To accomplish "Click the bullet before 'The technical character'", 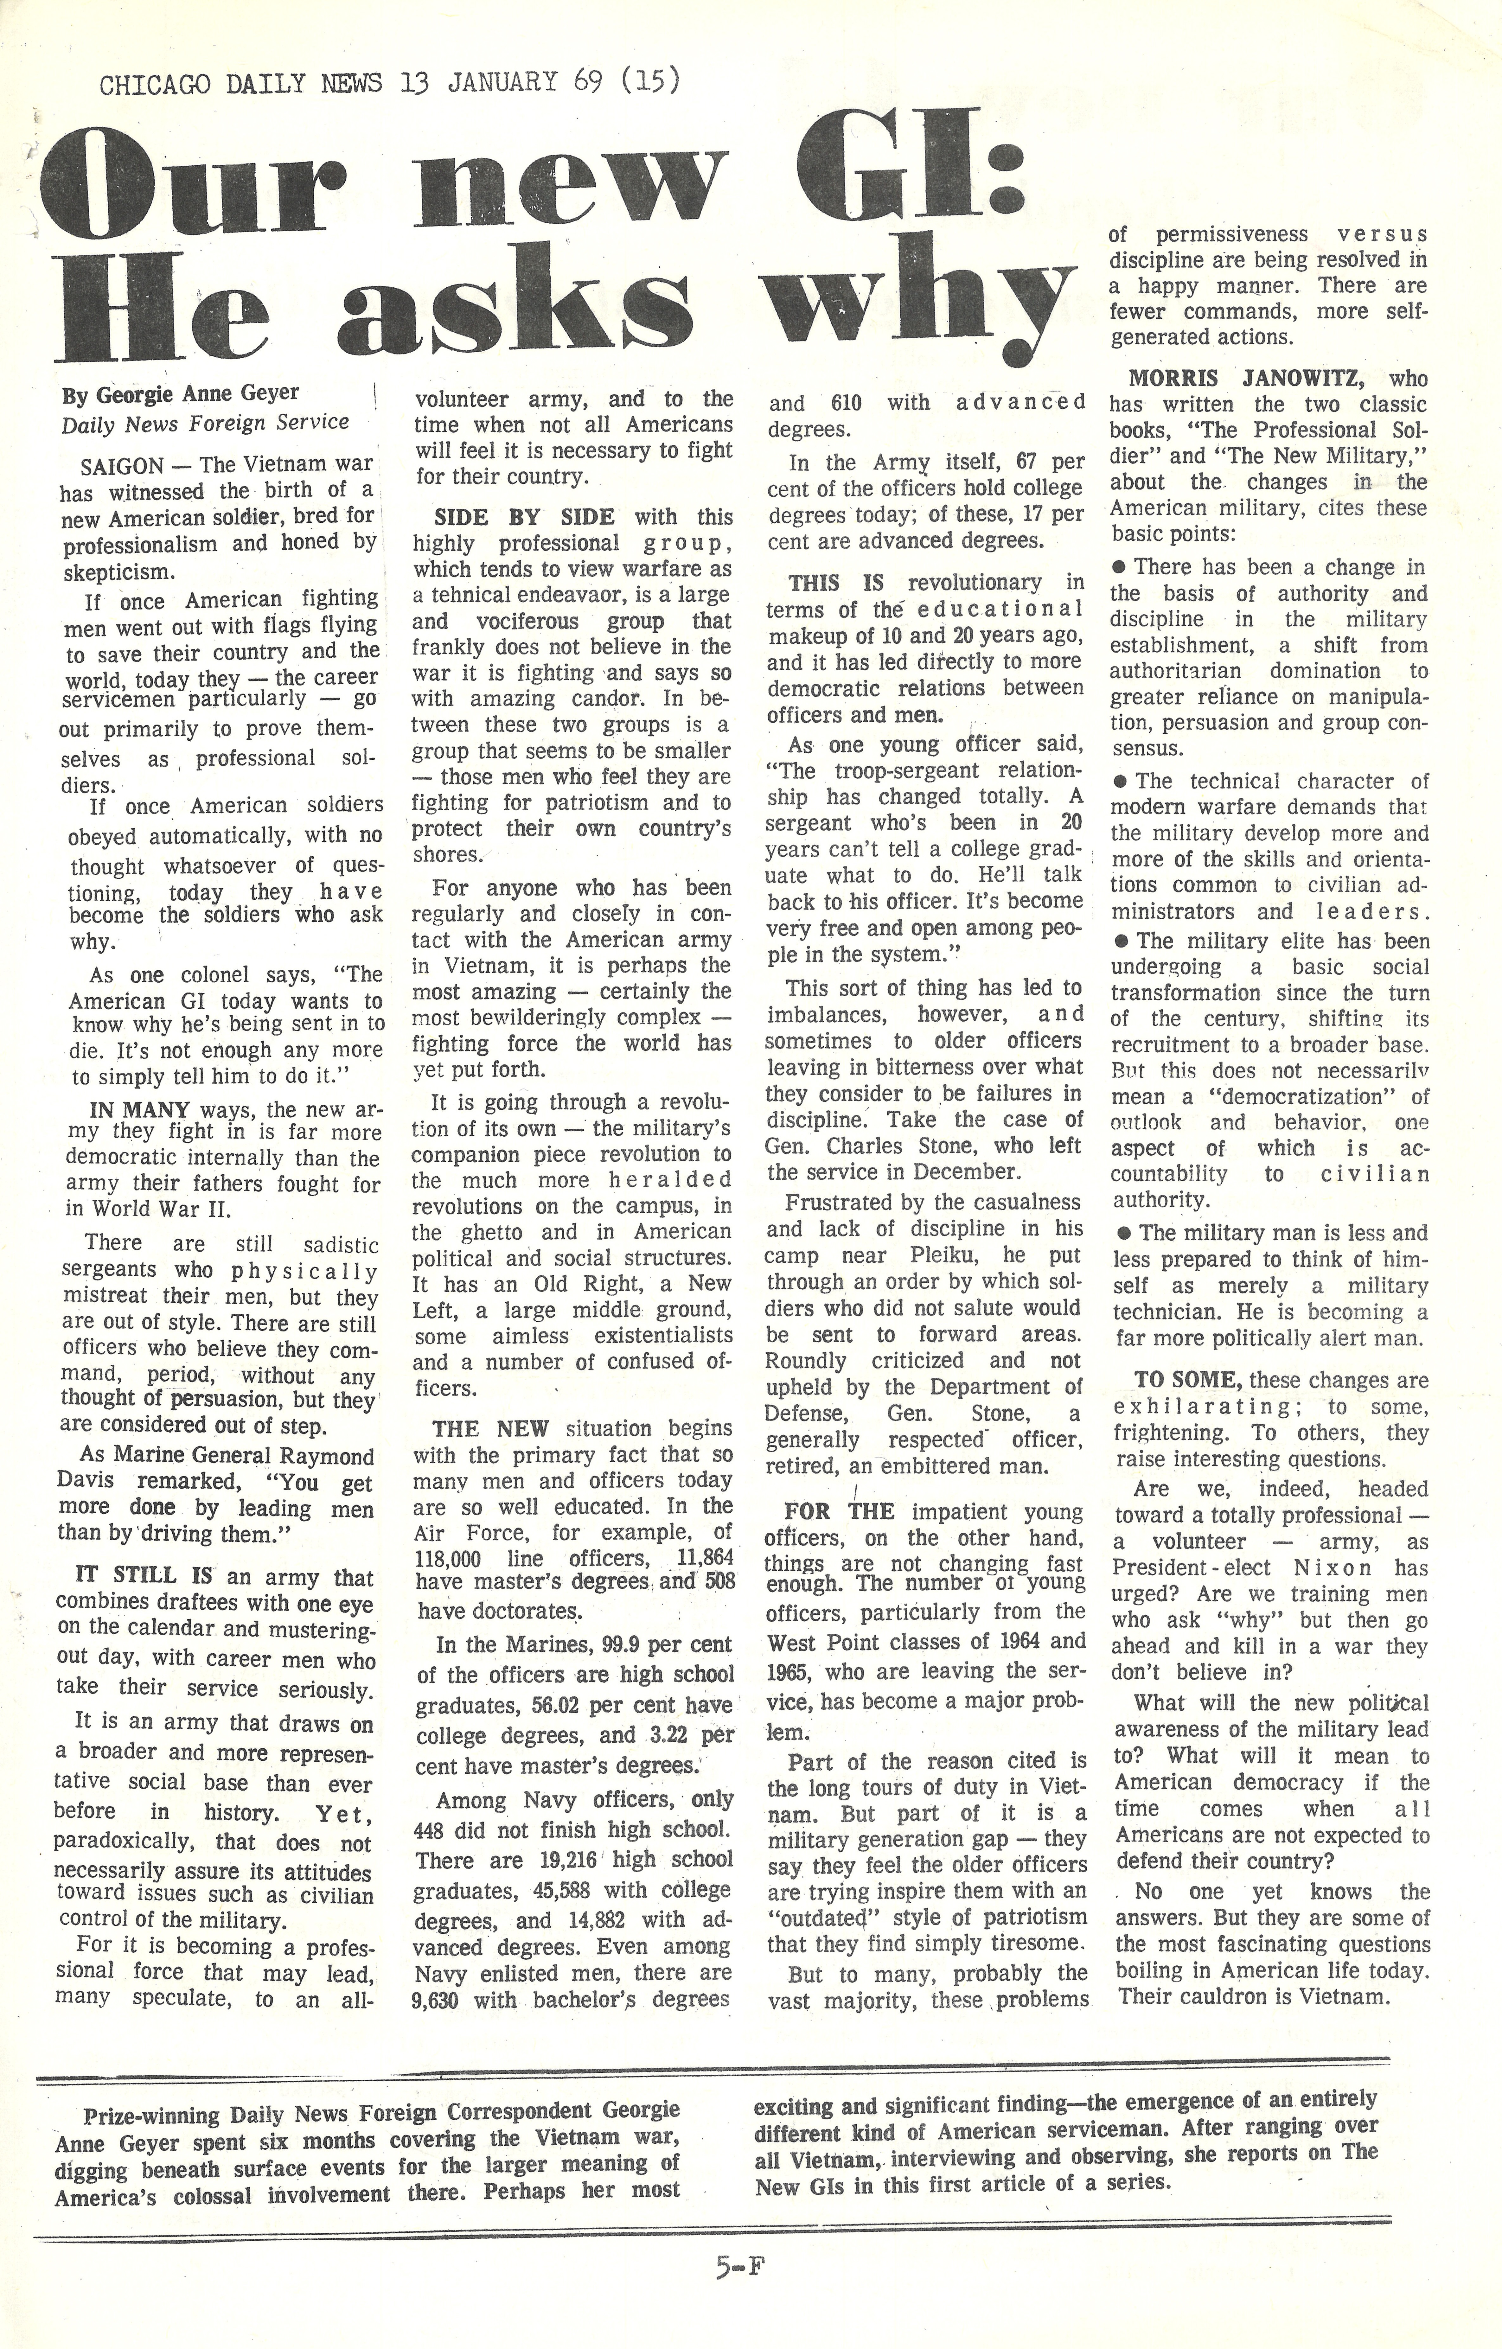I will pyautogui.click(x=1120, y=782).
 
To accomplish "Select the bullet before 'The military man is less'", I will pyautogui.click(x=1120, y=1233).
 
